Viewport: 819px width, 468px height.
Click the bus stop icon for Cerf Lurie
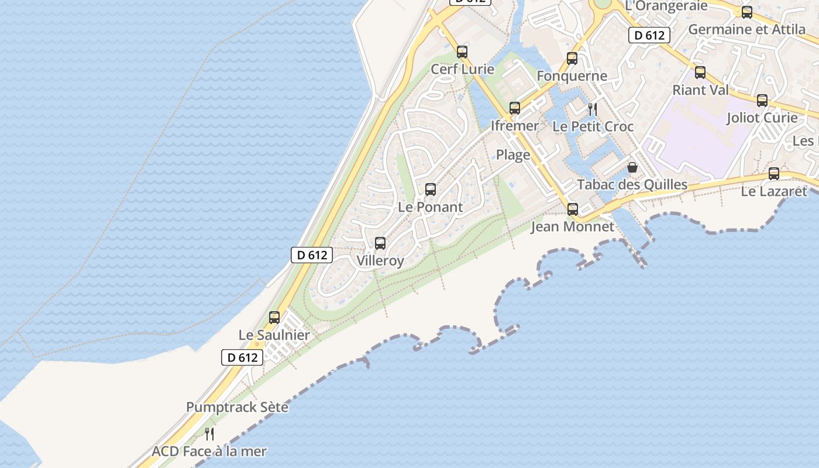462,52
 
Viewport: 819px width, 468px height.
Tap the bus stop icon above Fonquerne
572,58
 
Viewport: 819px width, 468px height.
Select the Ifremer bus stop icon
515,108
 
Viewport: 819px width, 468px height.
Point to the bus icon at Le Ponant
431,190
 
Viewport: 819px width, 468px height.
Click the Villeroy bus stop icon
380,243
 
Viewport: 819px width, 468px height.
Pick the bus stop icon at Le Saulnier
274,318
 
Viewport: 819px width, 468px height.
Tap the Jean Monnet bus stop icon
573,209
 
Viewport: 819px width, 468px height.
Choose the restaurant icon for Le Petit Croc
593,109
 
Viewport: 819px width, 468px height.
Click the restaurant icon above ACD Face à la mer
209,434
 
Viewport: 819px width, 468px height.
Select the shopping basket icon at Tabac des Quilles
632,167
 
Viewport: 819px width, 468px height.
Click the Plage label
513,155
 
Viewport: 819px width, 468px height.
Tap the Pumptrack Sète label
237,407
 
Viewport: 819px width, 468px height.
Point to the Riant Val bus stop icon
700,73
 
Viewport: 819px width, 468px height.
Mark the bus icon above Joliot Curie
762,101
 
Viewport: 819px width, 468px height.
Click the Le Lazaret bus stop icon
774,174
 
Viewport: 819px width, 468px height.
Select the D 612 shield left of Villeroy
312,255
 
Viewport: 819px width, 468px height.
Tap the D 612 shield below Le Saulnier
242,357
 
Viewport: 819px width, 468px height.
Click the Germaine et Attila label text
746,29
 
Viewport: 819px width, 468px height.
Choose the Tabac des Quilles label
632,185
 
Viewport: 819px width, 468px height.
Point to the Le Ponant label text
430,207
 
